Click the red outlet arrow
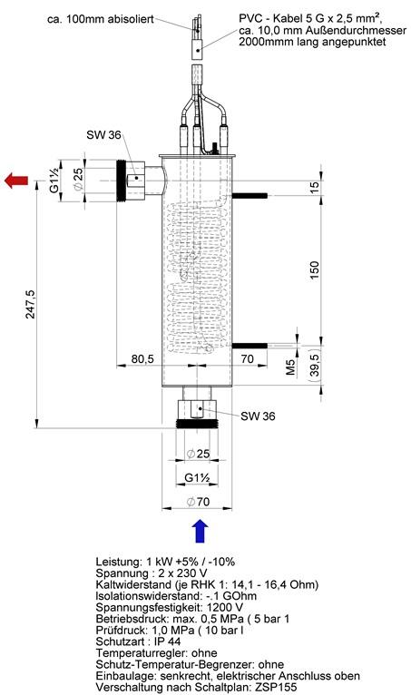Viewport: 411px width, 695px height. (x=16, y=181)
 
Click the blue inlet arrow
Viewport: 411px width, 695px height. (x=201, y=531)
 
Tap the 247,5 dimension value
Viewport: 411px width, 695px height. (x=30, y=304)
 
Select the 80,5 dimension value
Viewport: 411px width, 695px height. (x=142, y=358)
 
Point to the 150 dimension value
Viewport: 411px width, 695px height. (x=314, y=270)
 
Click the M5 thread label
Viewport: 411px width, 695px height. (x=290, y=367)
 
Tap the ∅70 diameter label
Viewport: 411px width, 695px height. (x=198, y=502)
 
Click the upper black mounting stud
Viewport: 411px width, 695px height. (x=250, y=195)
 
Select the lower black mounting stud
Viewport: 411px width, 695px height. (x=250, y=346)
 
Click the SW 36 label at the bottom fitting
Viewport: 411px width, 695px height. (x=258, y=416)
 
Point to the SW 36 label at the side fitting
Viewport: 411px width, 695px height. (x=103, y=135)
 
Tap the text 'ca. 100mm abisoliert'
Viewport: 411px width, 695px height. (x=101, y=19)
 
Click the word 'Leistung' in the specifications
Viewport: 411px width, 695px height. (x=113, y=562)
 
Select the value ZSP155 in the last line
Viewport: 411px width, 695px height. (x=279, y=687)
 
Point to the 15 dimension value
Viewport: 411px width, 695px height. (x=314, y=188)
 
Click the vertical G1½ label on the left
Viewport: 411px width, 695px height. (x=54, y=181)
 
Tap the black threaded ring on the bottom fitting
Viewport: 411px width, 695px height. (x=197, y=424)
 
